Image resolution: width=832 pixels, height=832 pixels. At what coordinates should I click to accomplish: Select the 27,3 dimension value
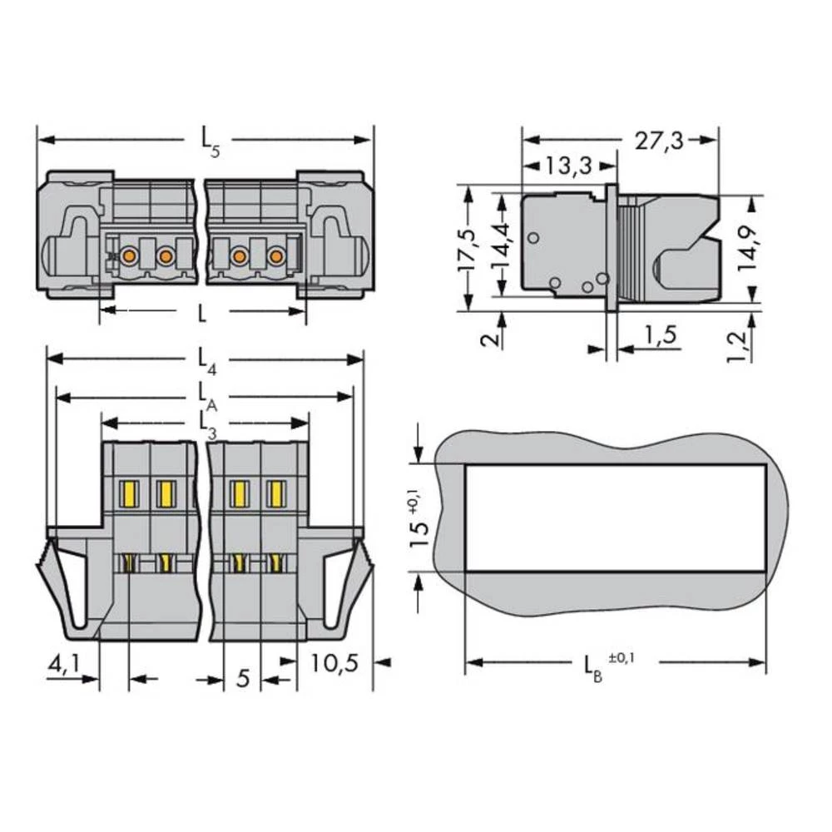[x=659, y=141]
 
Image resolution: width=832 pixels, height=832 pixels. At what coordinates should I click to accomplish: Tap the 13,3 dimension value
[x=569, y=166]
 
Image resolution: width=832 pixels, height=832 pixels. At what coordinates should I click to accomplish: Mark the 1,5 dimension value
[x=660, y=336]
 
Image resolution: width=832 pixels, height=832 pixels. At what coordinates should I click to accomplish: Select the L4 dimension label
[x=206, y=360]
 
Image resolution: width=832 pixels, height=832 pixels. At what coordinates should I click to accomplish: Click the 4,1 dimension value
[x=64, y=665]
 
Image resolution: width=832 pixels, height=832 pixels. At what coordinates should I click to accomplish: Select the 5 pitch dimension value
[x=242, y=678]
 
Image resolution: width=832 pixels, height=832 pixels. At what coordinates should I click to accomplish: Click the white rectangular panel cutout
[x=614, y=518]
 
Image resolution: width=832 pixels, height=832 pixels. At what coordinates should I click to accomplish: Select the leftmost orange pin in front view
[x=129, y=256]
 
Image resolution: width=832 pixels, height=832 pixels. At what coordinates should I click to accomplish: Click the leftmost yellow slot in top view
[x=129, y=494]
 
